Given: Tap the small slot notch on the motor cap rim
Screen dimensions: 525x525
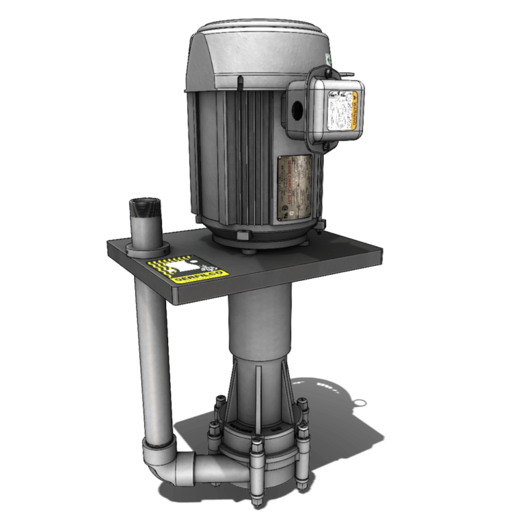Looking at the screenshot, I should (x=241, y=84).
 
